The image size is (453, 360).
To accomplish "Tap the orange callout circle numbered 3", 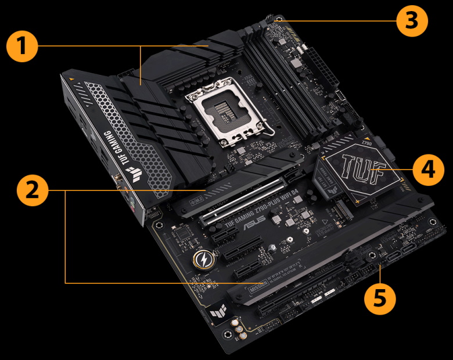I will [x=412, y=21].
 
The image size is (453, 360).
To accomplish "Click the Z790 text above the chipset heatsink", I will [x=366, y=143].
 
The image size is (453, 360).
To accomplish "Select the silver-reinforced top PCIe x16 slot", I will [x=244, y=200].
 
